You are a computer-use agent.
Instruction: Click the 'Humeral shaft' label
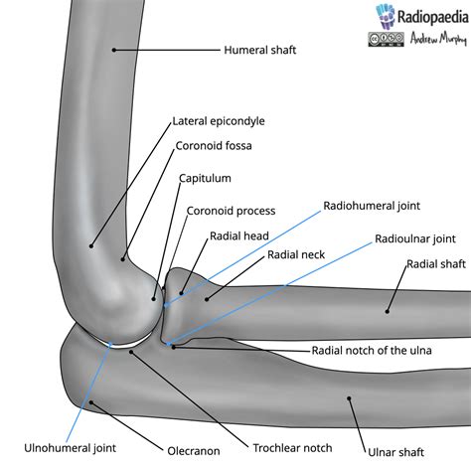point(261,48)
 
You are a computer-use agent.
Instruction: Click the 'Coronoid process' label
point(231,211)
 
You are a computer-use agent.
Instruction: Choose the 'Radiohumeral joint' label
point(373,207)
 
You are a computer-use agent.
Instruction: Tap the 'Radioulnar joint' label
point(415,238)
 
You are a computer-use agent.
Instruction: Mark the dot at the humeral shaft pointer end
point(114,48)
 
